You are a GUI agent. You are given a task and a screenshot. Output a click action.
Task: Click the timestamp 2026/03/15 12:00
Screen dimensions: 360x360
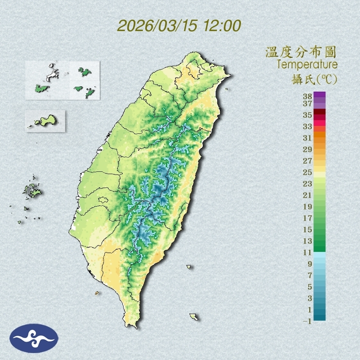tap(179, 25)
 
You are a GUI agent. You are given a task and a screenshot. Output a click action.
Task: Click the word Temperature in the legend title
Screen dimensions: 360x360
tap(307, 65)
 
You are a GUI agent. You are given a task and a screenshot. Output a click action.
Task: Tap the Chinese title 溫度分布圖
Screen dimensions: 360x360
tap(301, 52)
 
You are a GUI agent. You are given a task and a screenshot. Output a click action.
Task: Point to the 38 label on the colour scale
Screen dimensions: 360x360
tap(308, 97)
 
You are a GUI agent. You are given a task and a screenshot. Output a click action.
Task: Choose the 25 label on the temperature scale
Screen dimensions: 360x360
tap(308, 172)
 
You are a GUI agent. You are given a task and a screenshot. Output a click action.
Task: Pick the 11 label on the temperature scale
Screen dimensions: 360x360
tap(308, 252)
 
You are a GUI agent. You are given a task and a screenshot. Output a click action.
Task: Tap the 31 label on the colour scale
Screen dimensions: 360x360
tap(308, 138)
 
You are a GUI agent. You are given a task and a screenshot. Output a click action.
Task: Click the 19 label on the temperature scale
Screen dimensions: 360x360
tap(308, 207)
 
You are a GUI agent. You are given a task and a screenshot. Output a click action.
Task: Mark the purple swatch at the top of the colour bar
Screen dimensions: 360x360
tap(319, 94)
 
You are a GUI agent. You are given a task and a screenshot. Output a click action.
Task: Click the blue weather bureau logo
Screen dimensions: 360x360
tap(34, 338)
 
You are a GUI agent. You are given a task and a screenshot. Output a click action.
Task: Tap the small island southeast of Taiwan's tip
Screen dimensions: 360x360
tap(194, 317)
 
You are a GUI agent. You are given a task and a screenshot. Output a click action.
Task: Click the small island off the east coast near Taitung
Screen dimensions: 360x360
tap(189, 267)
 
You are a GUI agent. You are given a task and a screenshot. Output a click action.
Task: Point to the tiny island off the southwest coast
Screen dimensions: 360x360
tap(97, 293)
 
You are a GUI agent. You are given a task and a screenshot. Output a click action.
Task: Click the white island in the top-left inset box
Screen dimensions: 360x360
tap(52, 74)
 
